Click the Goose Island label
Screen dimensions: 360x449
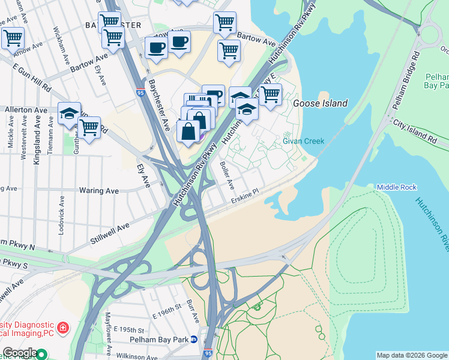tap(320, 103)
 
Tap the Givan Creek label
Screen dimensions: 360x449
tap(303, 142)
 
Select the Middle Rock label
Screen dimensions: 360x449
tap(396, 188)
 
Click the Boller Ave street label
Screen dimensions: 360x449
tap(227, 174)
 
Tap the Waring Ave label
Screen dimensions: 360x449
tap(99, 191)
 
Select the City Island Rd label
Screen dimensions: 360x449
tap(415, 130)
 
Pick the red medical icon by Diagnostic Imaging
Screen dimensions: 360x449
tap(62, 328)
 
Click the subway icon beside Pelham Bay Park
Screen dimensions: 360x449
tap(194, 340)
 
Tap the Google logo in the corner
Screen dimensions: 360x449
tap(19, 353)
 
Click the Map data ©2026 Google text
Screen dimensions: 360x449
tap(412, 355)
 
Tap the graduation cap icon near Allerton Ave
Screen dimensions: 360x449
tap(69, 112)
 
